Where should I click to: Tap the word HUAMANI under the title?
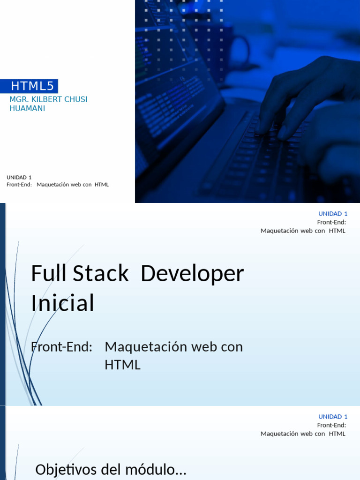(27, 108)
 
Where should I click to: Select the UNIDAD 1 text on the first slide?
(19, 177)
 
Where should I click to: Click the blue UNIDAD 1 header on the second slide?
(333, 214)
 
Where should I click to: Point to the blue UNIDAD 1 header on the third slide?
(333, 417)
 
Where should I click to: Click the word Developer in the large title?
(192, 274)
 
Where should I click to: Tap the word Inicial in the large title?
(63, 303)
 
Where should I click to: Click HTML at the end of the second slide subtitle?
(122, 365)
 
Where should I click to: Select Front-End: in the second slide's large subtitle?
(61, 347)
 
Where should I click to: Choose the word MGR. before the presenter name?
(19, 99)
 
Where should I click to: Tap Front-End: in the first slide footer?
(19, 185)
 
